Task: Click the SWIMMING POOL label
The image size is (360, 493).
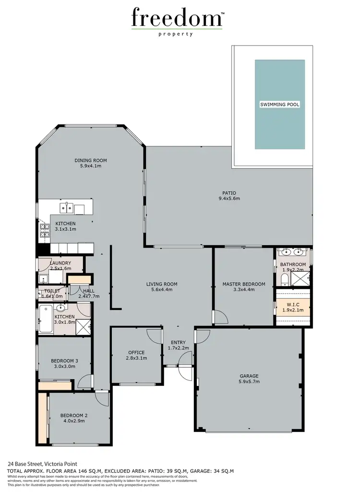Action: [279, 104]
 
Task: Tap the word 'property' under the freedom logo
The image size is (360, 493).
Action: [176, 34]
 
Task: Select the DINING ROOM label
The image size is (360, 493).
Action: [90, 160]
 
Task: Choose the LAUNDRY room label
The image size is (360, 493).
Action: [60, 263]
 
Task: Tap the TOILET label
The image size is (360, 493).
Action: [52, 291]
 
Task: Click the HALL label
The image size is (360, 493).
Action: [88, 291]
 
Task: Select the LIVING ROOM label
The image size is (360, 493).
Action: [162, 284]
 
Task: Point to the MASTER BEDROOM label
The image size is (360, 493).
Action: [244, 284]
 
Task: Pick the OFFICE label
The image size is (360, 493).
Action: [136, 352]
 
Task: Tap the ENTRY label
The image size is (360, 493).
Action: [179, 341]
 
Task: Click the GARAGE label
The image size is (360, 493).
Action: [249, 376]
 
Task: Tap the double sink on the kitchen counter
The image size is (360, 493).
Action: [66, 208]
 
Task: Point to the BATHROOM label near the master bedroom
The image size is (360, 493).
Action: [293, 265]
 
